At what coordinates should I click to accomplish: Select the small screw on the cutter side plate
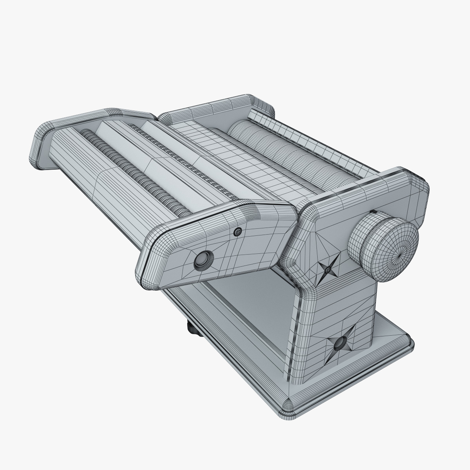coord(237,232)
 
